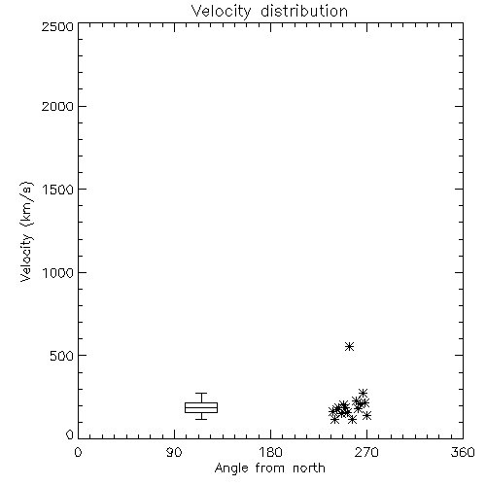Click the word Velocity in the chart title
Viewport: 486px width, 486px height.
coord(222,12)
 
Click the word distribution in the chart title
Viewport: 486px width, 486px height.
coord(304,11)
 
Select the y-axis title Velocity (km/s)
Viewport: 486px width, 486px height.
coord(26,231)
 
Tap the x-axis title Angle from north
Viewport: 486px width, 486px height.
coord(270,468)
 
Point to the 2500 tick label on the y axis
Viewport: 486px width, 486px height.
coord(57,26)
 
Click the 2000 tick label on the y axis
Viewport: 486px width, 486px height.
coord(57,106)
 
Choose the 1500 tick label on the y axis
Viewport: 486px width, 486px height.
coord(58,190)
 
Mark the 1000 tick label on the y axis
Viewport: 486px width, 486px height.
coord(58,272)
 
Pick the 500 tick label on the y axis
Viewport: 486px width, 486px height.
coord(62,356)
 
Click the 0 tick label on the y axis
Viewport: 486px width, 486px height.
coord(70,434)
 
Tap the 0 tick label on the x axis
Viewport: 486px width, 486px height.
coord(78,452)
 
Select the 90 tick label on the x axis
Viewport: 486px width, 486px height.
coord(174,452)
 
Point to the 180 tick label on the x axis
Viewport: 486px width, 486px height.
coord(270,452)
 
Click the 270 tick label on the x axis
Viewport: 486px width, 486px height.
coord(366,452)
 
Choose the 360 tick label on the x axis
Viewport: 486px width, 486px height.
coord(463,452)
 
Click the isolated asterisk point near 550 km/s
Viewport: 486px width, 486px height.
coord(349,346)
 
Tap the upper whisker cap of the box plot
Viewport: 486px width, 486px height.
coord(201,394)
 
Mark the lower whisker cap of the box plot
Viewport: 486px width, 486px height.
coord(201,419)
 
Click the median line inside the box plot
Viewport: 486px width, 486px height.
coord(201,407)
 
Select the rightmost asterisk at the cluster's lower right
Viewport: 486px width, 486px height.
coord(366,415)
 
